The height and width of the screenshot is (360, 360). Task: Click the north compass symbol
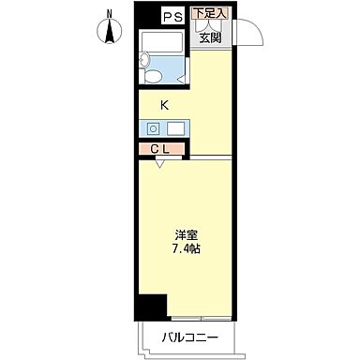109,32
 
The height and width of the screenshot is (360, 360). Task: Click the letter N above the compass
109,12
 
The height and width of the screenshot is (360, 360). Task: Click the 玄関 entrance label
210,37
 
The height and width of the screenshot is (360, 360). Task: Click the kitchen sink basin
176,128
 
